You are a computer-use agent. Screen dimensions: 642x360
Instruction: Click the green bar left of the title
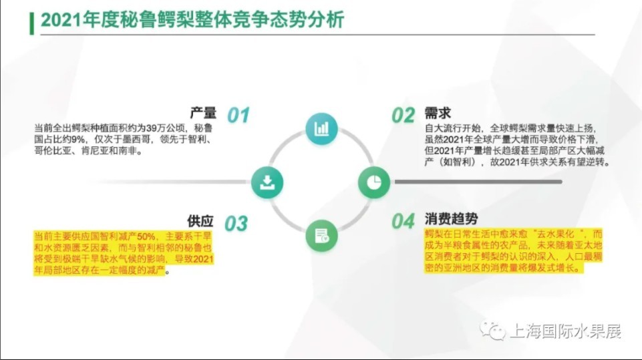pyautogui.click(x=31, y=24)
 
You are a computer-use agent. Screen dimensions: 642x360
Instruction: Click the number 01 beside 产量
pyautogui.click(x=238, y=115)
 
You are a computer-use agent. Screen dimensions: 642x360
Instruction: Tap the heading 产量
pyautogui.click(x=203, y=113)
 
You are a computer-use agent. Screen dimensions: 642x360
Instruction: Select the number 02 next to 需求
pyautogui.click(x=404, y=116)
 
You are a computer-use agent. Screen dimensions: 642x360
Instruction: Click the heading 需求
pyautogui.click(x=438, y=113)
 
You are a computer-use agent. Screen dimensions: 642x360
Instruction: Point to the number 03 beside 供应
pyautogui.click(x=236, y=224)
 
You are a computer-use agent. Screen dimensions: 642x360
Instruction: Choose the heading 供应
pyautogui.click(x=200, y=221)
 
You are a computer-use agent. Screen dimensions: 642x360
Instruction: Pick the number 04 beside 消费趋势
pyautogui.click(x=404, y=222)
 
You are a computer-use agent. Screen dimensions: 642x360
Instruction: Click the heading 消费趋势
pyautogui.click(x=451, y=219)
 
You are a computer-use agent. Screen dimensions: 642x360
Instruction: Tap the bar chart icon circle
pyautogui.click(x=321, y=129)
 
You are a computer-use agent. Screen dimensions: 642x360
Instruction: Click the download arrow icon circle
pyautogui.click(x=267, y=182)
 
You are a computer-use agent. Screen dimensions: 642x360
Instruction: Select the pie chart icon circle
pyautogui.click(x=374, y=182)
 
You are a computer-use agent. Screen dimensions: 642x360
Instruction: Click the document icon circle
pyautogui.click(x=321, y=236)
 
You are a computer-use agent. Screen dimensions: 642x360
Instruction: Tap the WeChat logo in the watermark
pyautogui.click(x=492, y=331)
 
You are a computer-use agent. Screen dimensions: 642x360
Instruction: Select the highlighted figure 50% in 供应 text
pyautogui.click(x=146, y=236)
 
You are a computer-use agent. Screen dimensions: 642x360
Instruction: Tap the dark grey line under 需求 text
pyautogui.click(x=478, y=182)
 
